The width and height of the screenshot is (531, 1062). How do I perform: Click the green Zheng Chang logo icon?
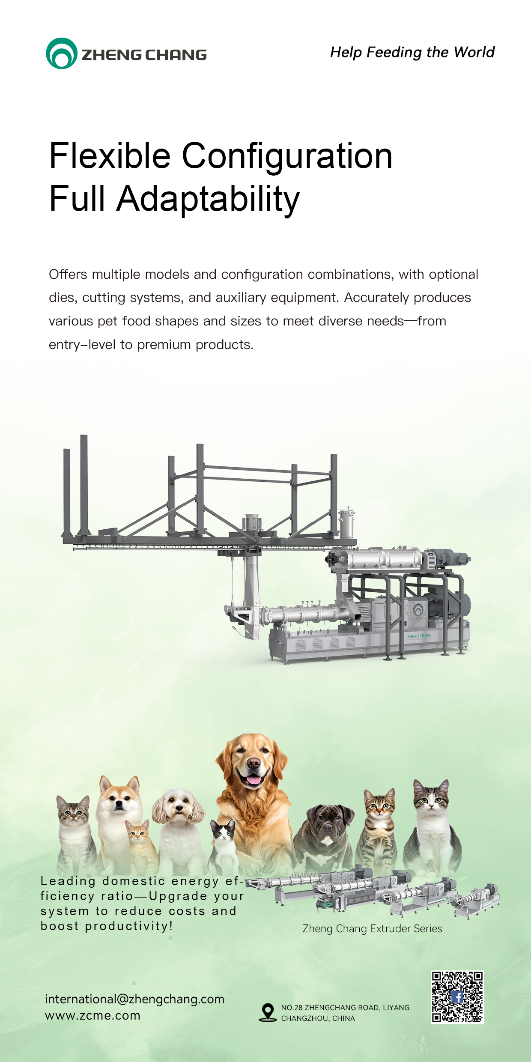[x=62, y=53]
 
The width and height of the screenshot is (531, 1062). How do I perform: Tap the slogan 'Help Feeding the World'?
[x=412, y=52]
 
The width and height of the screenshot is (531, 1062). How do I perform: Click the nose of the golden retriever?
[x=253, y=763]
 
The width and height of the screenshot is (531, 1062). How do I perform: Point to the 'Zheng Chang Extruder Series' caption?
[x=372, y=928]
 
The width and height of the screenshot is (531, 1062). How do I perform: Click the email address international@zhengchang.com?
[x=134, y=999]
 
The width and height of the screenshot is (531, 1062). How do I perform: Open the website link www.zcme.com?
[x=92, y=1016]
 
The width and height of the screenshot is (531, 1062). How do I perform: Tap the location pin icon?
[x=268, y=1012]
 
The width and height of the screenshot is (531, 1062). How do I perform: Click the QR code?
[x=457, y=997]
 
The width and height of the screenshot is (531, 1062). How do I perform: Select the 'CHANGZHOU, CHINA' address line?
[x=318, y=1018]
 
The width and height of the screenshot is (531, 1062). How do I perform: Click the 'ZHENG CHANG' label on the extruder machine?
[x=419, y=636]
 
